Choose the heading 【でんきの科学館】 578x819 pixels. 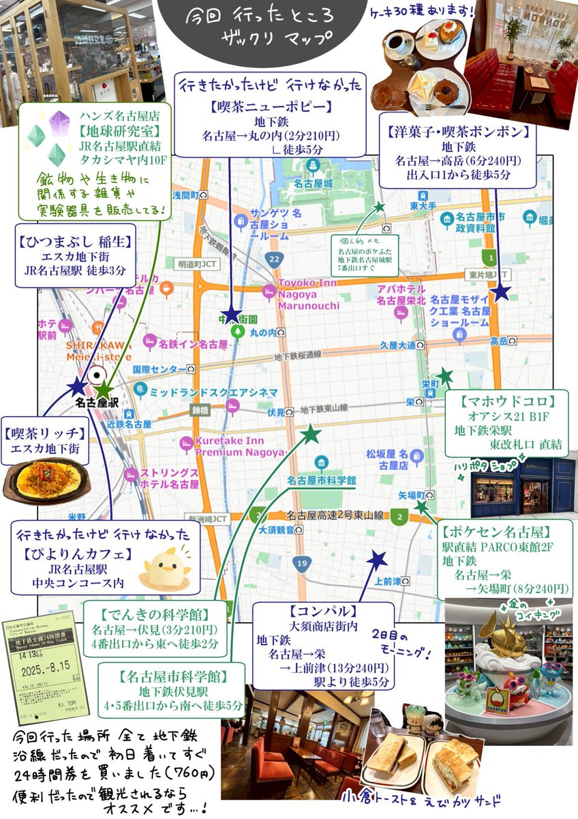155,613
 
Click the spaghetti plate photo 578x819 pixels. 46,482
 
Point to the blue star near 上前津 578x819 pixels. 376,561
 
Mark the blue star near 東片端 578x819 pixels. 501,293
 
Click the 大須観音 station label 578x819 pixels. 275,530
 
